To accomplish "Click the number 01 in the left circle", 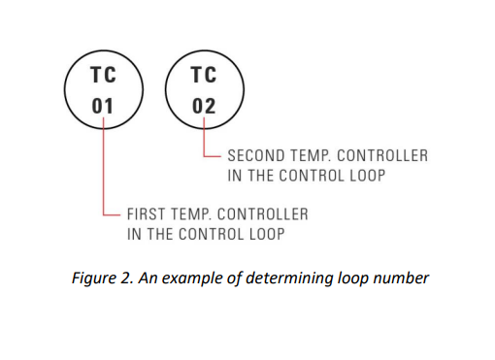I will click(x=103, y=105).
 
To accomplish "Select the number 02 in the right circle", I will click(x=204, y=105).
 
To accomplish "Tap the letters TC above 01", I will click(x=103, y=75).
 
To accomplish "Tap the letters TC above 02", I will click(x=204, y=75).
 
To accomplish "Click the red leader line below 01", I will click(x=104, y=165).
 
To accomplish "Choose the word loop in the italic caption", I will click(x=352, y=279).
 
